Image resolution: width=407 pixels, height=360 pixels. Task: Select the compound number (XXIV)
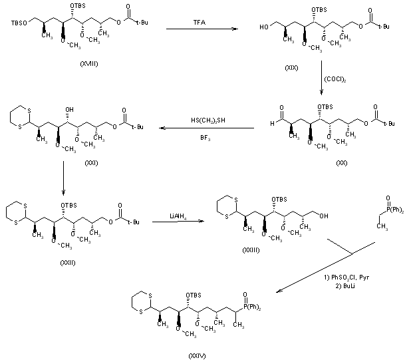pyautogui.click(x=197, y=355)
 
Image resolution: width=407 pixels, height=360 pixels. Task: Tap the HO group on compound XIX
pyautogui.click(x=264, y=27)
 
